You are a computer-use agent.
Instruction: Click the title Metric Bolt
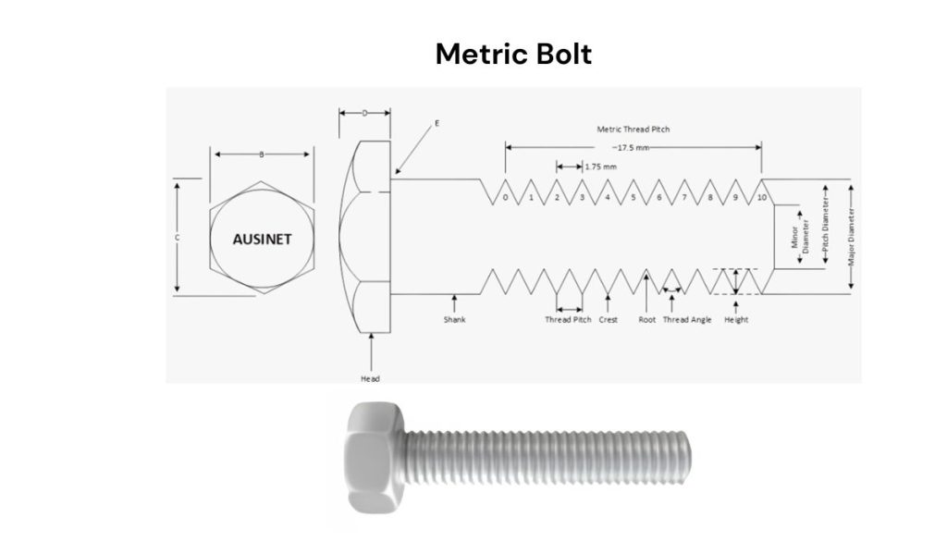pos(513,55)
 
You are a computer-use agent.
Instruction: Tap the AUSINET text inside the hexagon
pos(262,239)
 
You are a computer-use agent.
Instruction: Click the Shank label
pos(453,320)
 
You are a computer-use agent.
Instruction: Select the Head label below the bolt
pos(370,378)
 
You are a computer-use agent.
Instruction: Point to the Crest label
pos(608,320)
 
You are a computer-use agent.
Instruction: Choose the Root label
pos(646,320)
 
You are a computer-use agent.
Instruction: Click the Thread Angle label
pos(687,320)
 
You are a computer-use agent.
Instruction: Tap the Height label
pos(736,320)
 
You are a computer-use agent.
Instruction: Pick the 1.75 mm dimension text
pos(597,166)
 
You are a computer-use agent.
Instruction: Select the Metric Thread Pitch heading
pos(633,129)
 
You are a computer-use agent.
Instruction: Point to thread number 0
pos(505,198)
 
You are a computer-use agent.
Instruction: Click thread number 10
pos(760,198)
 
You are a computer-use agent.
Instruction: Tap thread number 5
pos(633,198)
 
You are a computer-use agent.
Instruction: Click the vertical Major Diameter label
pos(851,236)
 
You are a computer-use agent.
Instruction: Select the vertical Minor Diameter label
pos(799,236)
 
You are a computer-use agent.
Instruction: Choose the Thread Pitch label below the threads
pos(568,320)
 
